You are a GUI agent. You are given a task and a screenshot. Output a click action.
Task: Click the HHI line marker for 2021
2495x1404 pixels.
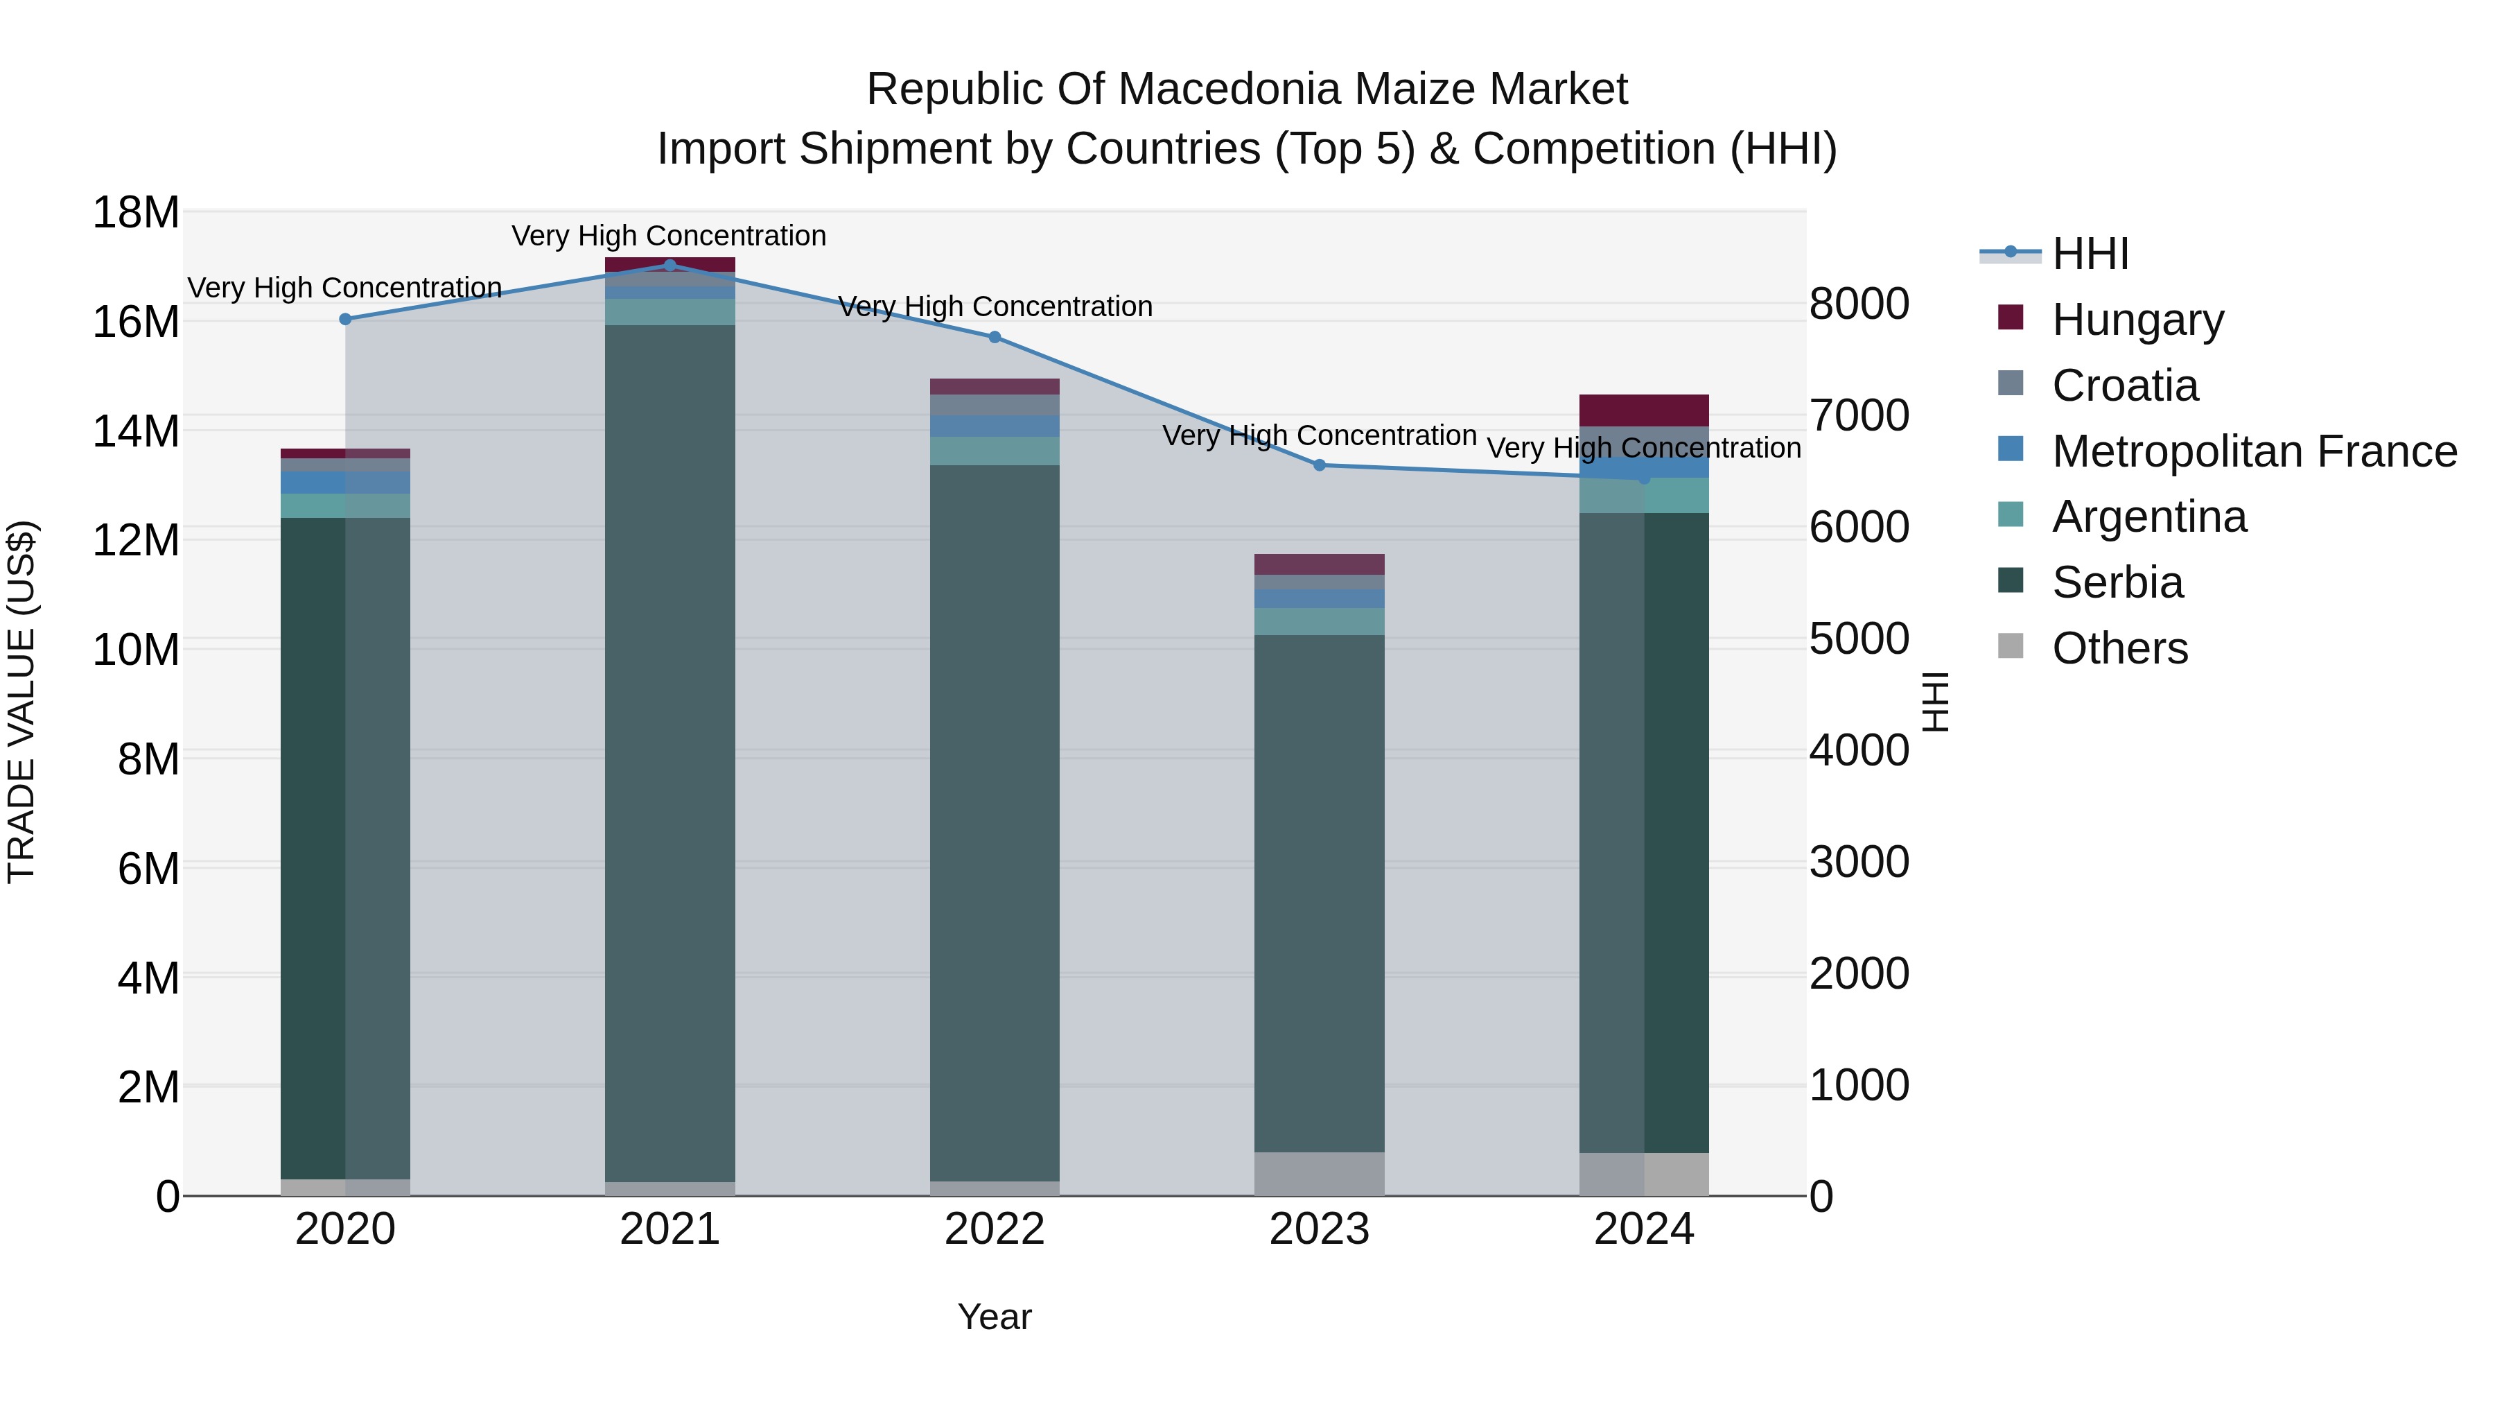click(x=670, y=265)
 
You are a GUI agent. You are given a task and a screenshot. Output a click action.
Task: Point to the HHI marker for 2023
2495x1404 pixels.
click(x=1319, y=465)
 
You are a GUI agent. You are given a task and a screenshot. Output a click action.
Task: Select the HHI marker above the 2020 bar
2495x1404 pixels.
click(x=346, y=319)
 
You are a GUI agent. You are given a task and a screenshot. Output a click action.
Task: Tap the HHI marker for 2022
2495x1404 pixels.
click(x=995, y=337)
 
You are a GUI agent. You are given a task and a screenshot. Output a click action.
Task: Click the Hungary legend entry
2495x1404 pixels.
click(x=2112, y=319)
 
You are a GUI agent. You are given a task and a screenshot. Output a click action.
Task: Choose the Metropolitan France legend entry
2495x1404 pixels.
click(x=2227, y=451)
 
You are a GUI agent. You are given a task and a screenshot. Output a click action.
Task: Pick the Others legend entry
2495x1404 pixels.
click(x=2093, y=648)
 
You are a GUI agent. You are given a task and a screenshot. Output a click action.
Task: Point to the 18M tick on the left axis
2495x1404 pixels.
click(x=136, y=212)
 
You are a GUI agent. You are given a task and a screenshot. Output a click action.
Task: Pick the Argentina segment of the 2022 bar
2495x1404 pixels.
click(x=995, y=451)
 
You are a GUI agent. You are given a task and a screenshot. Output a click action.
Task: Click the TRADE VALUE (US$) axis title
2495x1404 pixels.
click(x=21, y=702)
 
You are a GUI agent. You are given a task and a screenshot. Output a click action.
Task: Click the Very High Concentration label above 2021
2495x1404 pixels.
click(x=669, y=236)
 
